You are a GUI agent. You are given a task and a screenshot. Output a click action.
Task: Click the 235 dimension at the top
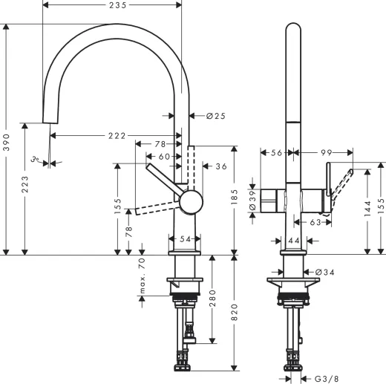point(112,5)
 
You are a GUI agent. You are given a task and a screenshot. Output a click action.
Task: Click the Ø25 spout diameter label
point(215,116)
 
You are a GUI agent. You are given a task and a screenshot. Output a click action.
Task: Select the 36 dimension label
point(220,166)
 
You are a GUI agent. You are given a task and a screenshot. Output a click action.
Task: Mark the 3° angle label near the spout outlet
point(34,159)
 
